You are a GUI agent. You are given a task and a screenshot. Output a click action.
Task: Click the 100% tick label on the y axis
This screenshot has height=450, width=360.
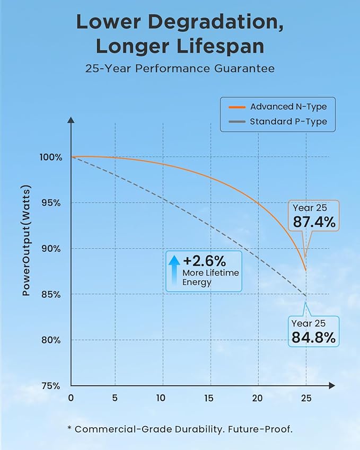51,157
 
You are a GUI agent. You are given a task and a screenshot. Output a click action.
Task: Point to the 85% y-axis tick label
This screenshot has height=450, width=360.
51,295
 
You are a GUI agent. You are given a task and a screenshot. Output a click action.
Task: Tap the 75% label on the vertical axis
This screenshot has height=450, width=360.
51,386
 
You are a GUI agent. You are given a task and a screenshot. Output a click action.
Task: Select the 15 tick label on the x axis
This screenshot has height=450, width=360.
209,398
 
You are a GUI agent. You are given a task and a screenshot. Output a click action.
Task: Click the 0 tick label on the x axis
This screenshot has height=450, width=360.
71,398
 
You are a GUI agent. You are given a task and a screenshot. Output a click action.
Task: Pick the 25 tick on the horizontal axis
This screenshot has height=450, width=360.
306,398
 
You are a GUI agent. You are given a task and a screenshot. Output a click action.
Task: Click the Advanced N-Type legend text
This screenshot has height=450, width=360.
288,107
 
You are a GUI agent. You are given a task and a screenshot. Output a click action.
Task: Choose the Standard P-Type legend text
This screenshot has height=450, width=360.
288,122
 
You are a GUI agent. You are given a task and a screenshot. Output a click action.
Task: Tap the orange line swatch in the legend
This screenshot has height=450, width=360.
237,107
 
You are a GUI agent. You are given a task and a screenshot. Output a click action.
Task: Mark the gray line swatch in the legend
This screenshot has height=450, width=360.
237,122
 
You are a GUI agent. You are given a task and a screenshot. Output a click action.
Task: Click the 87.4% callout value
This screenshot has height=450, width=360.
314,222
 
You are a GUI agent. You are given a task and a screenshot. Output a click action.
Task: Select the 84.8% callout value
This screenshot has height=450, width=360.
313,338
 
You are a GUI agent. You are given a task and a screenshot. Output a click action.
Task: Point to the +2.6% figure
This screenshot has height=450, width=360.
205,261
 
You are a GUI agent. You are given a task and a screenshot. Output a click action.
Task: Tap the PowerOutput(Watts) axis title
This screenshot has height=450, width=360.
26,241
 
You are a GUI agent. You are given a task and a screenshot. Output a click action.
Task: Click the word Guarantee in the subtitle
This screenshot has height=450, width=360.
244,68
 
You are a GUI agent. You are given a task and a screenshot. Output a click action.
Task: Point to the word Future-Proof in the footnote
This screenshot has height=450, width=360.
260,429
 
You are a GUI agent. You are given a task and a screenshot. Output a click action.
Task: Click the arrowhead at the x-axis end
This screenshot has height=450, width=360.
332,386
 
